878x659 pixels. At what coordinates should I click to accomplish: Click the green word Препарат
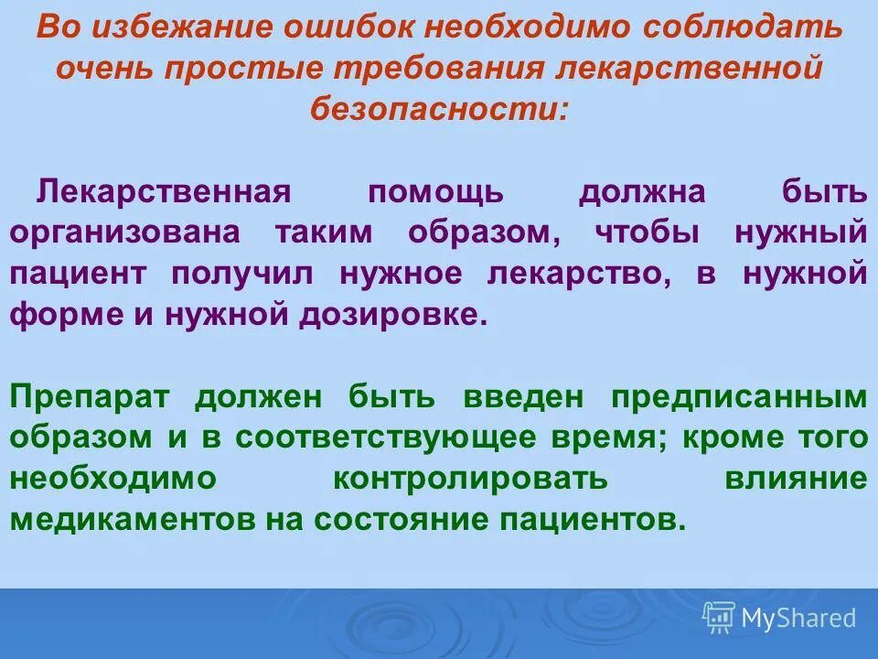click(x=92, y=398)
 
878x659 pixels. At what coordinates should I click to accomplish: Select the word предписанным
click(x=738, y=398)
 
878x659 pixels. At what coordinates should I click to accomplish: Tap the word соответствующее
click(x=389, y=438)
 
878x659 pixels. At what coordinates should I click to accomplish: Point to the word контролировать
click(x=470, y=479)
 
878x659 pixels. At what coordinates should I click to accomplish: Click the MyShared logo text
click(x=798, y=618)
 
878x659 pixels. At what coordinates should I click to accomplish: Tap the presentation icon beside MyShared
click(x=719, y=618)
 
